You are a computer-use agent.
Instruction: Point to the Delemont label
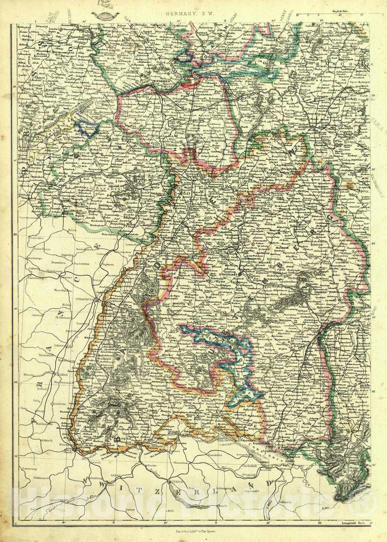pyautogui.click(x=29, y=478)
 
